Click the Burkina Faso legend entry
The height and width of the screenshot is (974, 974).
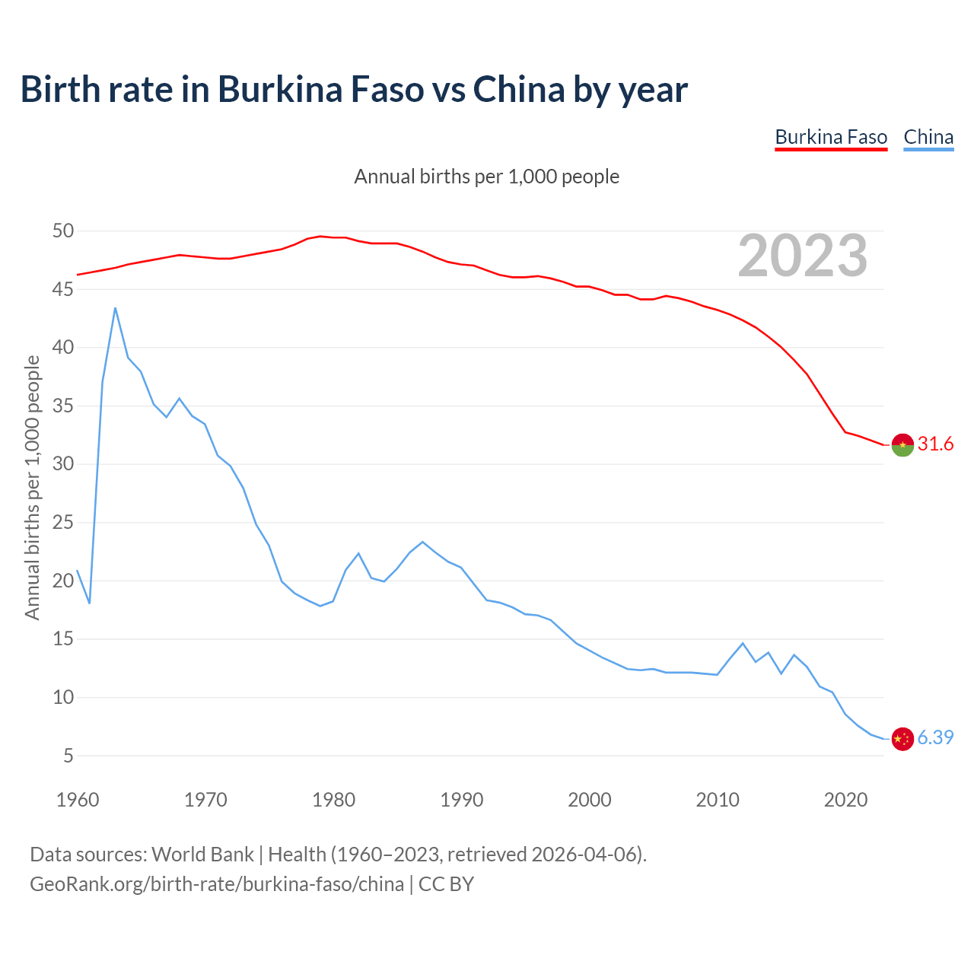[831, 137]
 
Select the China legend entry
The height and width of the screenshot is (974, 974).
[928, 137]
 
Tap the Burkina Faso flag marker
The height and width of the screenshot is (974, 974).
[902, 444]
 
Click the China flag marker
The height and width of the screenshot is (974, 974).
[902, 738]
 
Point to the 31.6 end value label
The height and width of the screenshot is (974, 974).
[935, 444]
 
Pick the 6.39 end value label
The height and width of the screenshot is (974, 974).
[935, 737]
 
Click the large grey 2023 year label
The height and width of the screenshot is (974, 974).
[803, 256]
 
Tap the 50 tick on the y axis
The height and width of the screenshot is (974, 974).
[63, 231]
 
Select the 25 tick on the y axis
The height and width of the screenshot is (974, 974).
[63, 523]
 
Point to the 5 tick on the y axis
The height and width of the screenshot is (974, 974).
[68, 756]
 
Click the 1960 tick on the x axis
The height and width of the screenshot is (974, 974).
[78, 800]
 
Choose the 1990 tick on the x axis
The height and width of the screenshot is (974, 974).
[462, 800]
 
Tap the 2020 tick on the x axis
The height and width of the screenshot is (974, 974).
[845, 800]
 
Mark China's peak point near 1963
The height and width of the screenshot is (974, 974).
[115, 308]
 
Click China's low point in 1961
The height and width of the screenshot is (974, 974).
[90, 603]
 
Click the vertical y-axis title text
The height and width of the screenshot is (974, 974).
[32, 487]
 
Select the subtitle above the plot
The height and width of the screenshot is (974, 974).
[487, 177]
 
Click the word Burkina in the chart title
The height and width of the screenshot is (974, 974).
[277, 89]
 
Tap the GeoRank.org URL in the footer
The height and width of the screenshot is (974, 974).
[217, 883]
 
